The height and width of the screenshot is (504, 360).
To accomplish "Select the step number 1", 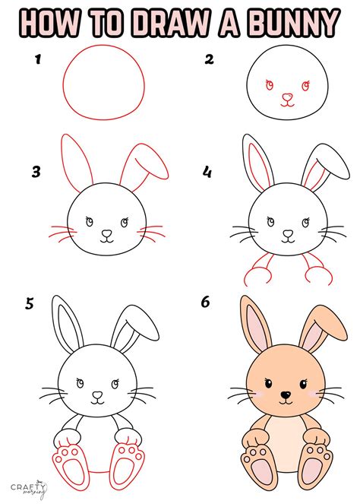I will pyautogui.click(x=34, y=59).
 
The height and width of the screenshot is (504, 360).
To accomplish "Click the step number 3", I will pyautogui.click(x=34, y=172).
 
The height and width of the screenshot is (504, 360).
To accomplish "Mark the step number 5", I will pyautogui.click(x=30, y=305).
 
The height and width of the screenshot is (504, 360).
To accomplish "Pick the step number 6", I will pyautogui.click(x=206, y=303).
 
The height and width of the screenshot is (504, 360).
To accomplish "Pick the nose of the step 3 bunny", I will pyautogui.click(x=106, y=233).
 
